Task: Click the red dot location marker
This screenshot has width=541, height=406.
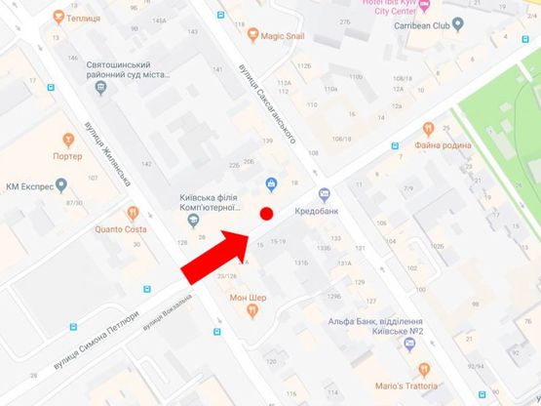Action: pyautogui.click(x=266, y=214)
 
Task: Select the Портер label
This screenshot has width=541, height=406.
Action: pyautogui.click(x=67, y=155)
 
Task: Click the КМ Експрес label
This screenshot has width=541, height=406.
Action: pyautogui.click(x=26, y=185)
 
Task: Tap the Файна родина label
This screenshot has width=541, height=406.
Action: pyautogui.click(x=443, y=144)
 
